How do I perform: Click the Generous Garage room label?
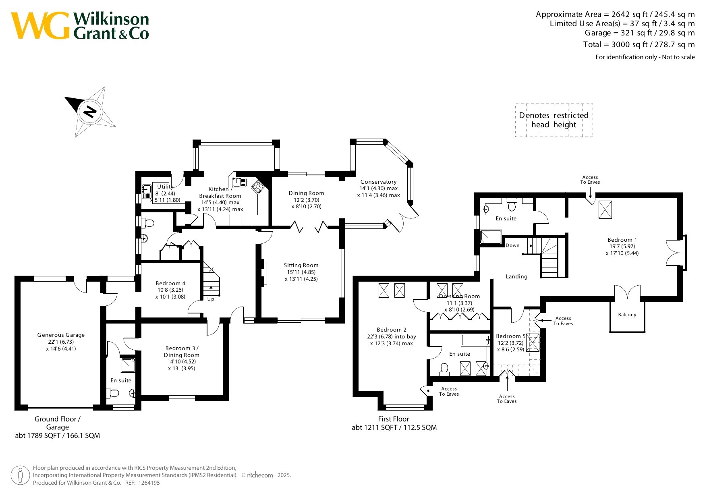click(x=61, y=335)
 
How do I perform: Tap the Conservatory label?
click(x=378, y=182)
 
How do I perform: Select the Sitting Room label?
click(x=301, y=265)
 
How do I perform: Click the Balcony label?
click(x=627, y=315)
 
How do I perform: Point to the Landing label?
click(x=516, y=276)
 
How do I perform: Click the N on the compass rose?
click(x=90, y=111)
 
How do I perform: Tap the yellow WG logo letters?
click(x=40, y=26)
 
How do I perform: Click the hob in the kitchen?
click(x=257, y=187)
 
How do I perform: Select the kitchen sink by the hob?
click(x=239, y=182)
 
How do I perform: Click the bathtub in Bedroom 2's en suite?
click(x=475, y=340)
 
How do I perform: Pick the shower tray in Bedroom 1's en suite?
click(x=491, y=237)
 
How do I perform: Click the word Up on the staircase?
click(x=211, y=299)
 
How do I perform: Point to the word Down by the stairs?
click(x=512, y=245)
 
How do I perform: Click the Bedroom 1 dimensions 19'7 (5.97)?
click(x=622, y=246)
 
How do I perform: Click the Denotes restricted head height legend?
click(x=554, y=120)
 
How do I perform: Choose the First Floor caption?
click(x=393, y=419)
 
